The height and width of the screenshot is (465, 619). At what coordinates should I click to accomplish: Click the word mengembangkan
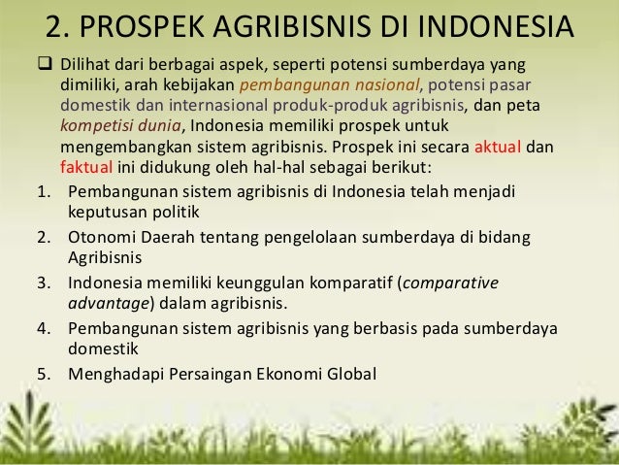(x=123, y=149)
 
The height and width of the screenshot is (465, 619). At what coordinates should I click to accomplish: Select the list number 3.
(x=44, y=284)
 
